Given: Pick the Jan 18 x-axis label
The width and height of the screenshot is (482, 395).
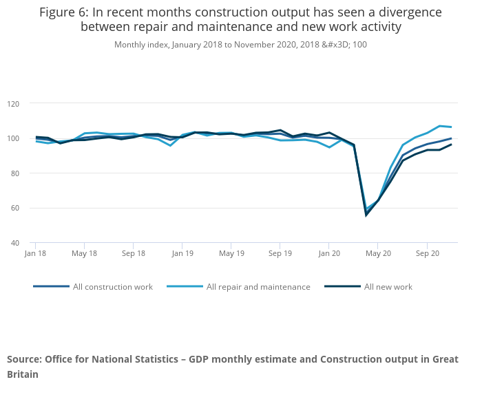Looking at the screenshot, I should pyautogui.click(x=35, y=253).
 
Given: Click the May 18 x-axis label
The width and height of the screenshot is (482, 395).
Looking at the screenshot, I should pyautogui.click(x=84, y=253).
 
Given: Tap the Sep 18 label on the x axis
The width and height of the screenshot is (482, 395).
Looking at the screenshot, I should pyautogui.click(x=133, y=253).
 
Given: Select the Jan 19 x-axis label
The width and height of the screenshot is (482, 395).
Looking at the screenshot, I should pyautogui.click(x=182, y=253).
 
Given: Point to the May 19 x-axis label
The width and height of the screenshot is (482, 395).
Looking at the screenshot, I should pyautogui.click(x=231, y=253).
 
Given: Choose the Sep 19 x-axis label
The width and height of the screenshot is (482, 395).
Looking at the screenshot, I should pyautogui.click(x=280, y=253).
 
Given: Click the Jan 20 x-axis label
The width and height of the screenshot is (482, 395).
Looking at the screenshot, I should pyautogui.click(x=328, y=253).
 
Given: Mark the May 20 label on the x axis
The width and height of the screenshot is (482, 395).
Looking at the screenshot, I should pyautogui.click(x=378, y=253).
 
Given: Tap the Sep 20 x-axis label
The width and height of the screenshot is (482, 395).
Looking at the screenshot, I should pyautogui.click(x=427, y=253).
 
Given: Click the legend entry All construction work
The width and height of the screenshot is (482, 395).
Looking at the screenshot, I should pyautogui.click(x=113, y=286).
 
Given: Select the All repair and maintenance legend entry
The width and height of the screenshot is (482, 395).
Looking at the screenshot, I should pyautogui.click(x=258, y=286).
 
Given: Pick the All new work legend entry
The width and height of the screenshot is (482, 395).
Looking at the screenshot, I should pyautogui.click(x=388, y=286).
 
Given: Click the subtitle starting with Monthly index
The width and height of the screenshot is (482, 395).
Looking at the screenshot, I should pyautogui.click(x=240, y=45).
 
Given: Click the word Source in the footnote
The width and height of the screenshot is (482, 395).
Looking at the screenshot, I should pyautogui.click(x=23, y=359).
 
